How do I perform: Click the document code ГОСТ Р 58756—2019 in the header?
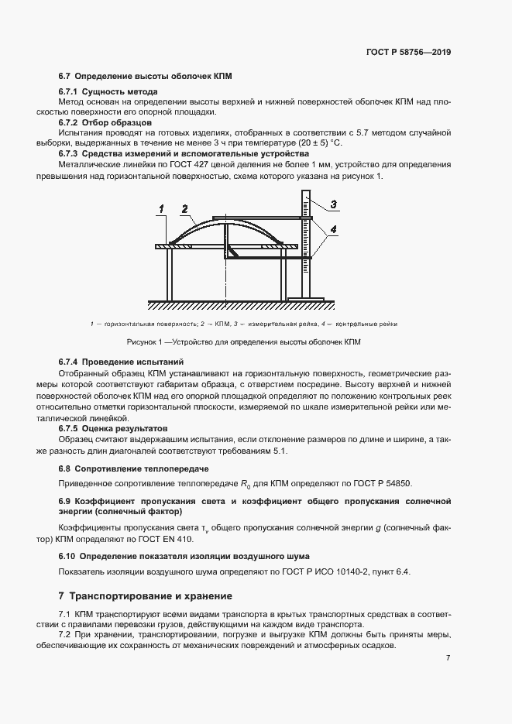[408, 53]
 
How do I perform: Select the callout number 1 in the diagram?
[161, 208]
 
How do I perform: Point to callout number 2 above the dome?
[184, 208]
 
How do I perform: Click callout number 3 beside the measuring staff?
[333, 204]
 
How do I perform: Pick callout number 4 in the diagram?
[333, 230]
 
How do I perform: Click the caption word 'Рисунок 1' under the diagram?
[147, 341]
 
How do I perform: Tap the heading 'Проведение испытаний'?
[132, 362]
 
